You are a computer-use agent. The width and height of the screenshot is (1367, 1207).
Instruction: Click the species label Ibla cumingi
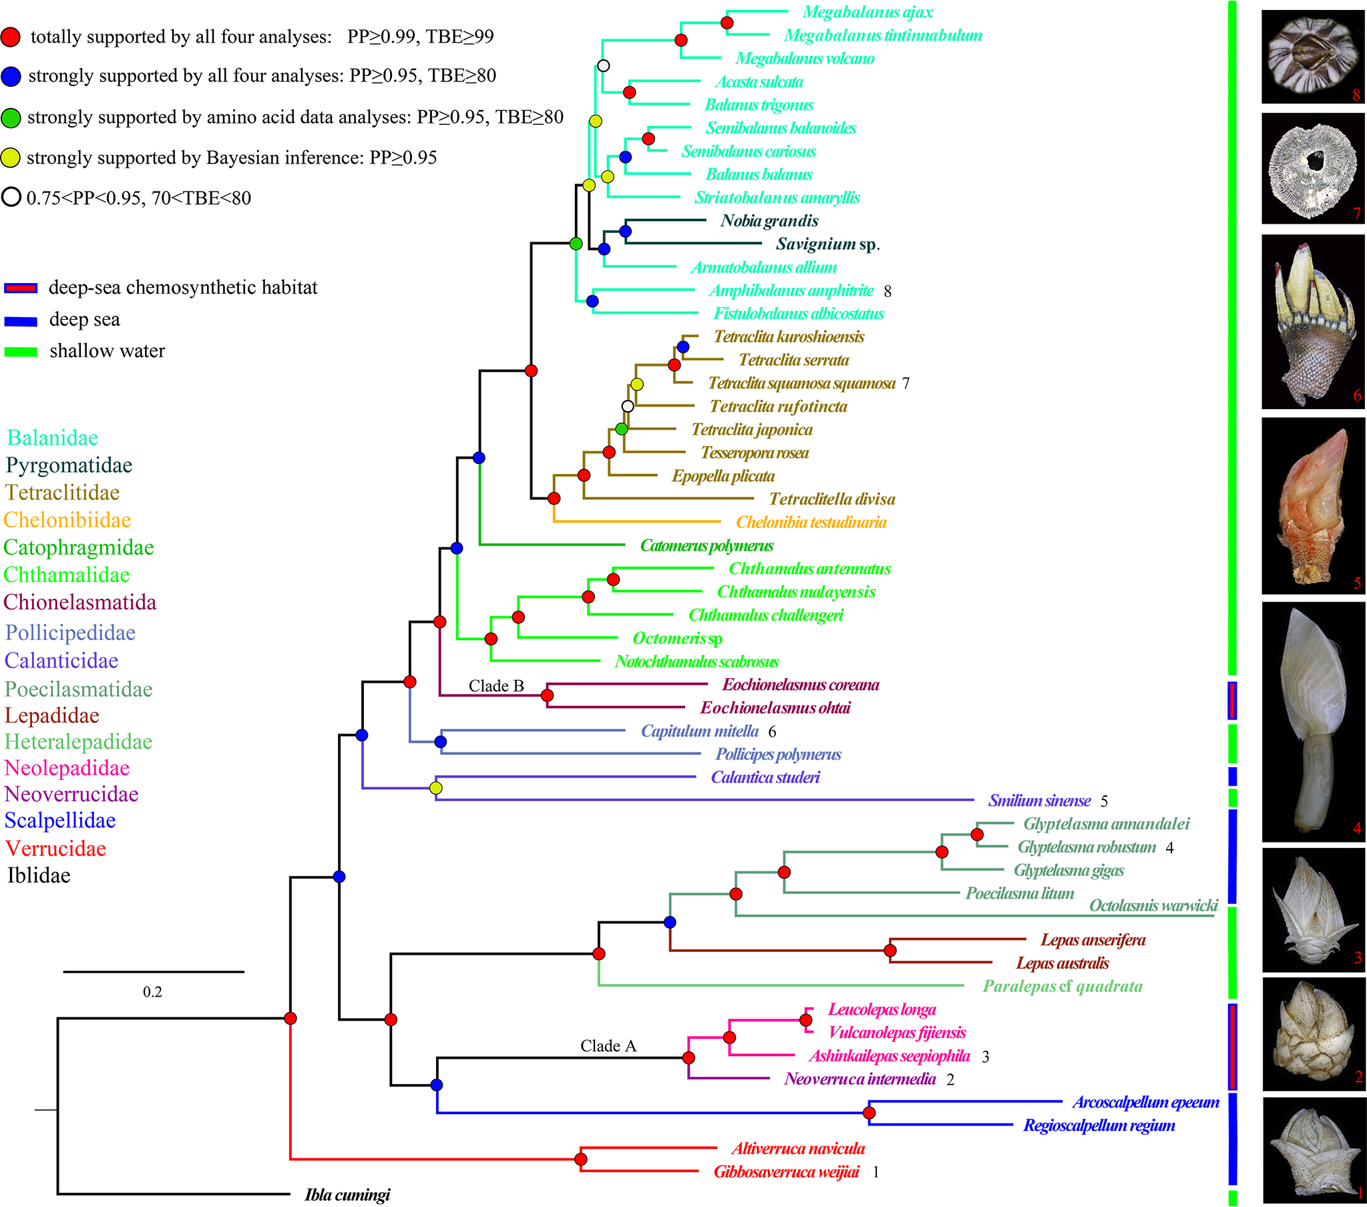(347, 1195)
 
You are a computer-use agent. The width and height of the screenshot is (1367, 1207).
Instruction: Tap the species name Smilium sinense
(1039, 800)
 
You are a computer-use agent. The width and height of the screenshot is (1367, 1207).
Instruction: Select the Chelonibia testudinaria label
(811, 522)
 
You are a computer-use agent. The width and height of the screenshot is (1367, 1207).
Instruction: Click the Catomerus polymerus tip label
(707, 545)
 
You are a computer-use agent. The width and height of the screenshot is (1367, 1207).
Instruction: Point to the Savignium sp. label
(827, 244)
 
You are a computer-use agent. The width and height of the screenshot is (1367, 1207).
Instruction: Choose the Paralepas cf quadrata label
(1062, 986)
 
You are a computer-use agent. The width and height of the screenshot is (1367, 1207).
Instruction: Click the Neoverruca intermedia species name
(860, 1079)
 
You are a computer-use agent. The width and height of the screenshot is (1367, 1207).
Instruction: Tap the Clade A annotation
(608, 1046)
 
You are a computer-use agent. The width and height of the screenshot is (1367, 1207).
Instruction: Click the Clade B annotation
(496, 686)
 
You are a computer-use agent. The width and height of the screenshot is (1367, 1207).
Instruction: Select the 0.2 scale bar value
(152, 991)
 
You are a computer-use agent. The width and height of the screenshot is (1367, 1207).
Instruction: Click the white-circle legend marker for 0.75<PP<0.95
(11, 197)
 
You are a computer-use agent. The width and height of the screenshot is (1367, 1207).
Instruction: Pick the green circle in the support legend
(11, 117)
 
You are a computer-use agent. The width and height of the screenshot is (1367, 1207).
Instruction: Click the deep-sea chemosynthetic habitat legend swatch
(21, 288)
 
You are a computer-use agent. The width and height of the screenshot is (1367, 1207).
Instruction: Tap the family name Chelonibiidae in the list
(67, 519)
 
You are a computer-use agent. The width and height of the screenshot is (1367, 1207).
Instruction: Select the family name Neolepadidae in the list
(67, 768)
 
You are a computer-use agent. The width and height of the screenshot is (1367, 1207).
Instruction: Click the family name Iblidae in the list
(39, 875)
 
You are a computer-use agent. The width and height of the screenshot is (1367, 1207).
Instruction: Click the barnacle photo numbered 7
(1312, 168)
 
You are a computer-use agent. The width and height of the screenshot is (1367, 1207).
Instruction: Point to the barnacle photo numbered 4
(1312, 722)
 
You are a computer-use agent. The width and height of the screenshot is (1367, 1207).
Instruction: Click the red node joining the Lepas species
(890, 950)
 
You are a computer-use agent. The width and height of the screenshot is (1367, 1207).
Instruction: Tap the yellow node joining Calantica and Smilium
(436, 788)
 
